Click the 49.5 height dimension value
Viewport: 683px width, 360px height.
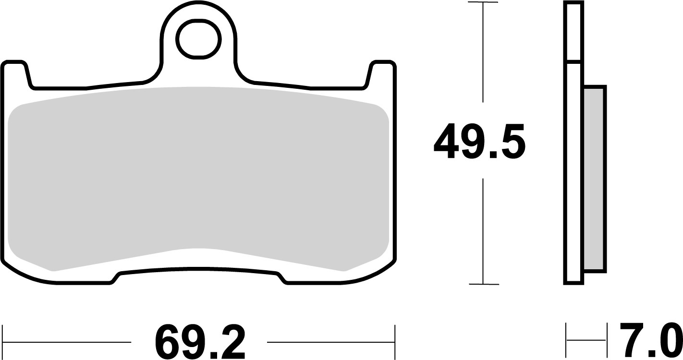coord(479,142)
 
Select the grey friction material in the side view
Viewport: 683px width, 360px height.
coord(595,179)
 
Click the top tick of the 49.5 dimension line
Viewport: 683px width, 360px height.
coord(483,3)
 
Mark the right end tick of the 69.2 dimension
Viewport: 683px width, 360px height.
coord(394,342)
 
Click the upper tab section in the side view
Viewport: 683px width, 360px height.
coord(574,32)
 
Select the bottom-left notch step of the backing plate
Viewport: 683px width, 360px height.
coord(115,278)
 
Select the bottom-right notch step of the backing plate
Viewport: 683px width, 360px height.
coord(282,278)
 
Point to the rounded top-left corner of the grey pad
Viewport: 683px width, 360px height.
coord(15,111)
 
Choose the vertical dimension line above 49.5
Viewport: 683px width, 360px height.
coord(483,53)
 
